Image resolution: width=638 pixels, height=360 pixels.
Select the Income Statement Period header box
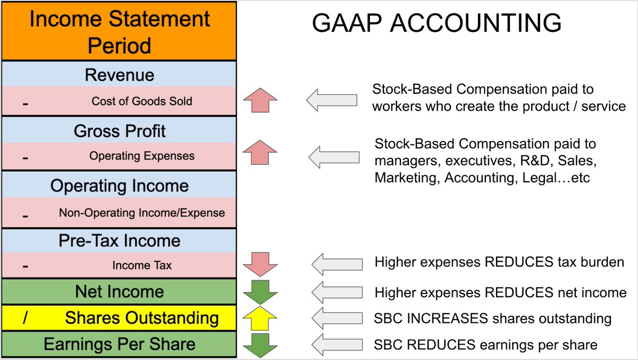pyautogui.click(x=119, y=31)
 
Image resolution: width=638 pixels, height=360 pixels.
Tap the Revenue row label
pyautogui.click(x=119, y=74)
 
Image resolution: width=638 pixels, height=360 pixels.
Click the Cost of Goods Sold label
pyautogui.click(x=141, y=101)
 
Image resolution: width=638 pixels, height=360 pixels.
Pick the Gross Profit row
pyautogui.click(x=120, y=131)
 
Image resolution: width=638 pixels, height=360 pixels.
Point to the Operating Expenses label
pyautogui.click(x=141, y=156)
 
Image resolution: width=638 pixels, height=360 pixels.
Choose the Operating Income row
pyautogui.click(x=119, y=186)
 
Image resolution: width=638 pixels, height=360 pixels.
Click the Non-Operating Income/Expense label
pyautogui.click(x=141, y=213)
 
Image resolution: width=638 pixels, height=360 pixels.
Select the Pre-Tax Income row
pyautogui.click(x=119, y=240)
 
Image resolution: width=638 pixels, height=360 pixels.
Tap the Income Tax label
pyautogui.click(x=141, y=265)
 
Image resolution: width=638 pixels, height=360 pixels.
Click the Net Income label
pyautogui.click(x=119, y=291)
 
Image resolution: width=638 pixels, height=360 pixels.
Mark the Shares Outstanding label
pyautogui.click(x=141, y=318)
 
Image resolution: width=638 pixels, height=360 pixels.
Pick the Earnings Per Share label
pyautogui.click(x=119, y=344)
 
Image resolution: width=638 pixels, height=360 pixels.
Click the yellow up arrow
pyautogui.click(x=259, y=318)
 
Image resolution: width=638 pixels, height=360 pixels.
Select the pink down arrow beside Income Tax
pyautogui.click(x=259, y=264)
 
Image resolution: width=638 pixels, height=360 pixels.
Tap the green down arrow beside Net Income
pyautogui.click(x=259, y=291)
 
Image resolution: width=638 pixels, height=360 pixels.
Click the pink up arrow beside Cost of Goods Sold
pyautogui.click(x=259, y=101)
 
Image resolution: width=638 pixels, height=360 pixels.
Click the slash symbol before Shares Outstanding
pyautogui.click(x=25, y=318)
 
